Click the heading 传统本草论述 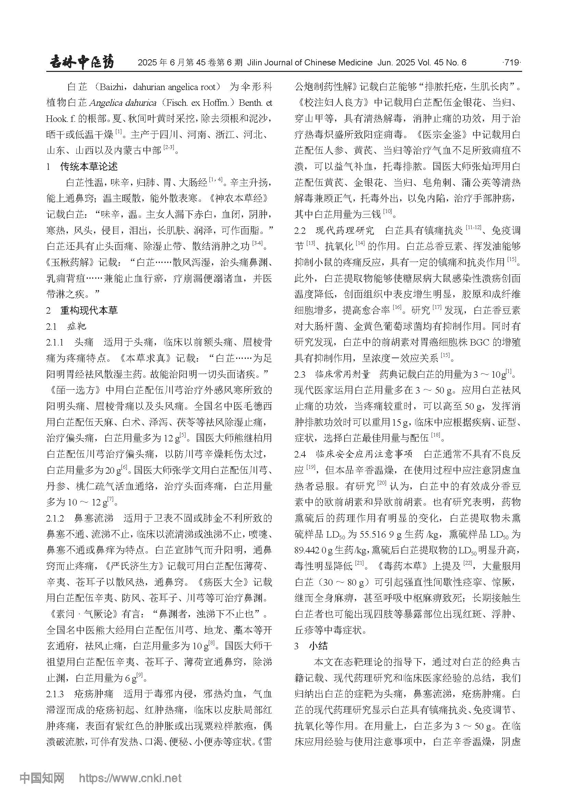[x=89, y=166]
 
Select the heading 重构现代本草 [x=89, y=310]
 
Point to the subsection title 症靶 [x=77, y=326]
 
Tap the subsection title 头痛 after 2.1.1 [x=84, y=342]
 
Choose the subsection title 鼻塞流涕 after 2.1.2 [x=94, y=518]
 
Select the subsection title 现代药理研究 [x=345, y=230]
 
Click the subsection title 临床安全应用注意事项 [x=364, y=454]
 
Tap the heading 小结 [x=318, y=646]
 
